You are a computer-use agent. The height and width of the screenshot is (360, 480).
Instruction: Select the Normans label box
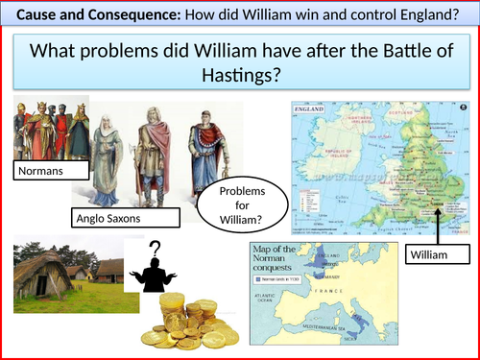[x=48, y=172]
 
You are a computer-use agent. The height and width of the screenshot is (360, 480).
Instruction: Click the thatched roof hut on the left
[x=43, y=267]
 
